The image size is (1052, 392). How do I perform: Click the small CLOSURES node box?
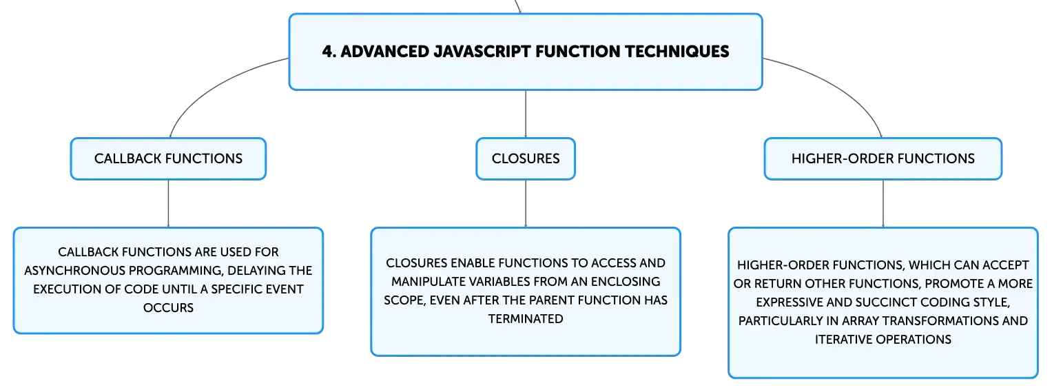[x=526, y=158]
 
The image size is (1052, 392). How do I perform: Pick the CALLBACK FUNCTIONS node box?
[x=168, y=158]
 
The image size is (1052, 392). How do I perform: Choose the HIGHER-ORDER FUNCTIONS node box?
[x=883, y=158]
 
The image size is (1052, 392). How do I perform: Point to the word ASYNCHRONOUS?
[x=74, y=271]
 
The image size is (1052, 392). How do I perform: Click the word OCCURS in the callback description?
[x=168, y=307]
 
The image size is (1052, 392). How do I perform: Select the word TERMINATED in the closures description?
[x=526, y=319]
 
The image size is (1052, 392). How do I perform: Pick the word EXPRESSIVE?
[x=790, y=302]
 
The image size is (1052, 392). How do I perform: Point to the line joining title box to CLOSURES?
[x=526, y=114]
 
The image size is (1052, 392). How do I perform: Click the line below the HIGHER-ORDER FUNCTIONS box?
[x=883, y=204]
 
